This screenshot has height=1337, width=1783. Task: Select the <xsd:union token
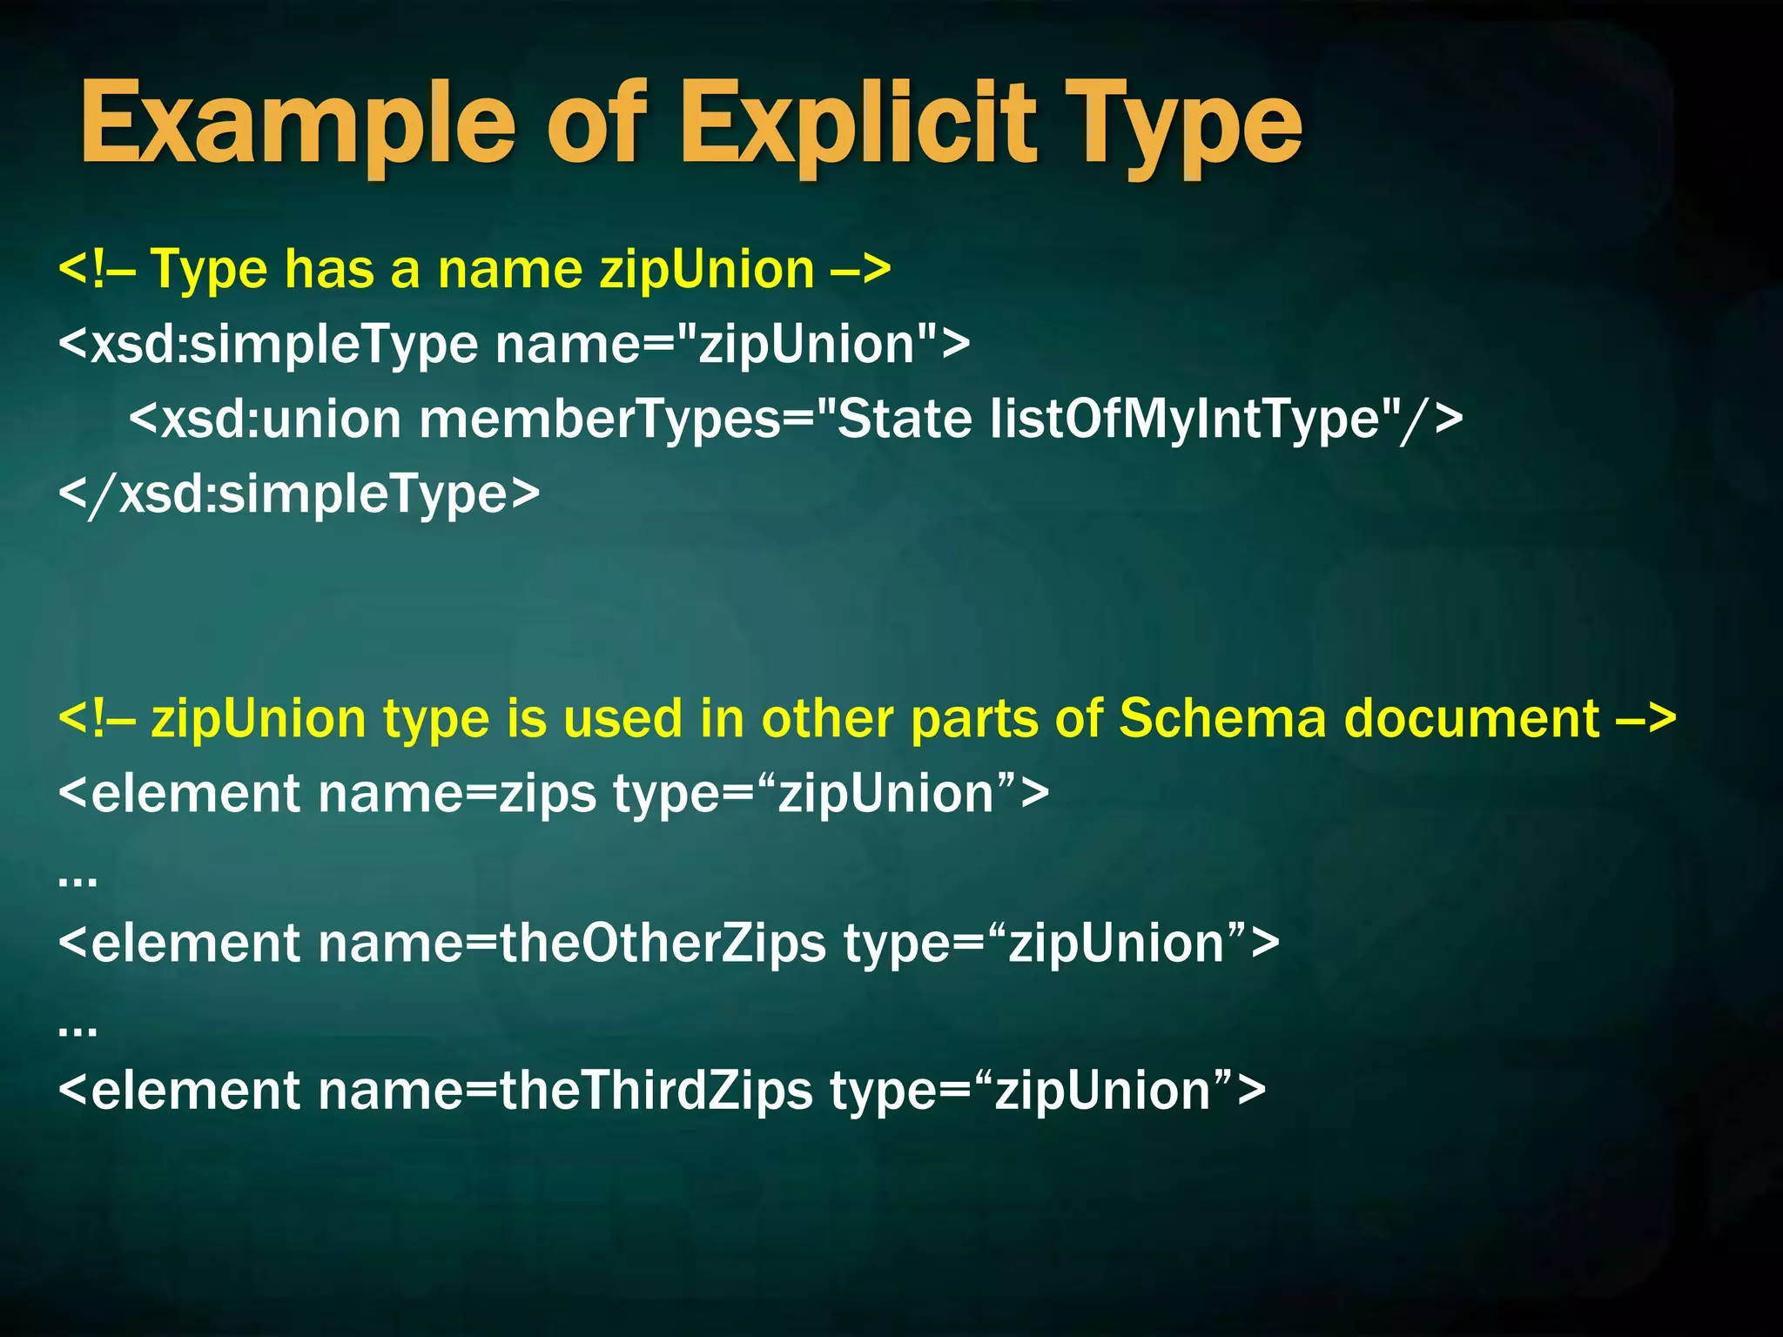pos(266,419)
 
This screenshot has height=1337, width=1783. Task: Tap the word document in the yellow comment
pos(1472,719)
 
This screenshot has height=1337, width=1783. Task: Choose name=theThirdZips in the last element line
pos(565,1091)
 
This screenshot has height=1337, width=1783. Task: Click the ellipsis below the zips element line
pos(77,880)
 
